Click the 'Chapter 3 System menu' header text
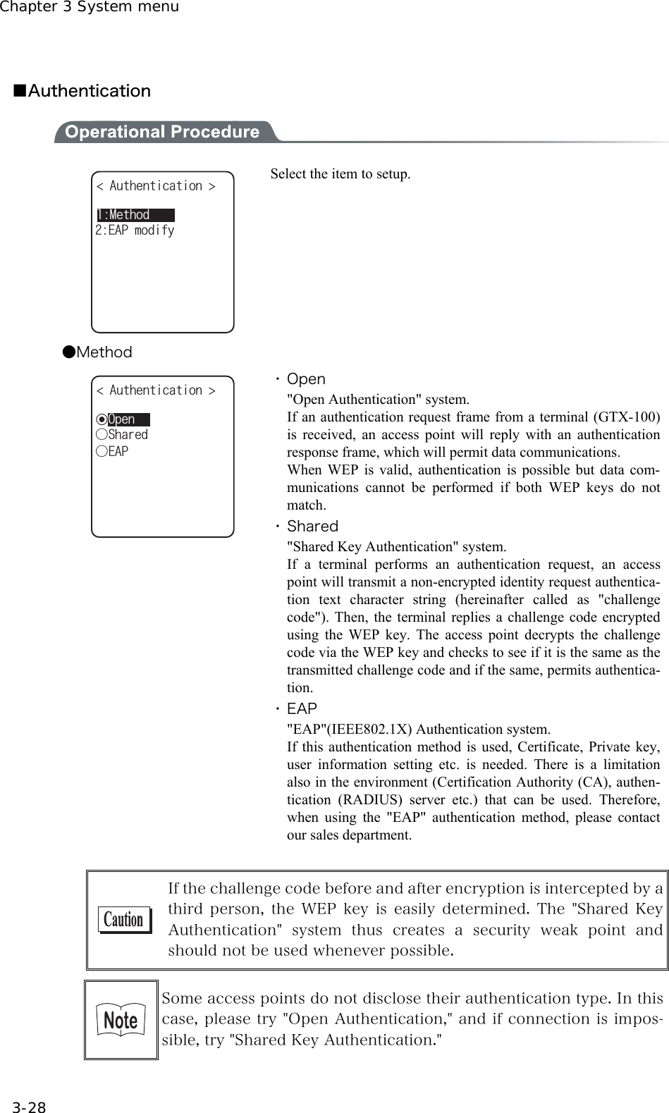tap(90, 7)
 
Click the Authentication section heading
tap(83, 91)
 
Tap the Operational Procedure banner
tap(161, 132)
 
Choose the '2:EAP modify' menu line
tap(135, 230)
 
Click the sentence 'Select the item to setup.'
tap(340, 174)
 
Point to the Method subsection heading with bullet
tap(97, 352)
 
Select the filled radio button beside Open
tap(102, 420)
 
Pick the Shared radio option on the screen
tap(102, 436)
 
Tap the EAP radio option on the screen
tap(102, 451)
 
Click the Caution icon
tap(123, 920)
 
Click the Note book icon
tap(121, 1019)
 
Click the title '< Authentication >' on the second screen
tap(156, 391)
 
